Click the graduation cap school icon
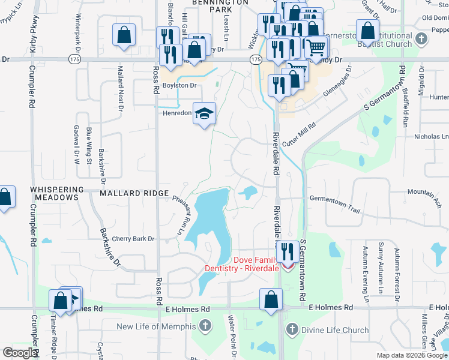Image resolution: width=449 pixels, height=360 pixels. coord(204,113)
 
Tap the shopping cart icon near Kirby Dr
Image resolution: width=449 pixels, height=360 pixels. coord(316,46)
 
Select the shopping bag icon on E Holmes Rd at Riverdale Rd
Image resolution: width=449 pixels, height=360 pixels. coord(271,299)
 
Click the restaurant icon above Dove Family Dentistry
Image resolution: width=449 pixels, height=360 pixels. coord(288,251)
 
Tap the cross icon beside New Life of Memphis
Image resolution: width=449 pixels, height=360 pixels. coord(205,326)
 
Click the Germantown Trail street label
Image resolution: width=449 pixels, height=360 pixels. coord(334,204)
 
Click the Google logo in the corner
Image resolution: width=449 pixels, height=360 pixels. coord(20,353)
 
